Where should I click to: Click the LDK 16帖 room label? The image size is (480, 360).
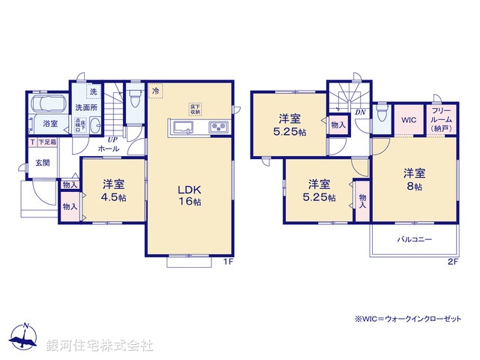click(188, 196)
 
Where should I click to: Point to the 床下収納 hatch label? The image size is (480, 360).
click(193, 108)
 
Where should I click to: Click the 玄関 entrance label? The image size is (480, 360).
click(41, 162)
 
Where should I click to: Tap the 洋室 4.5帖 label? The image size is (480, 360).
click(113, 190)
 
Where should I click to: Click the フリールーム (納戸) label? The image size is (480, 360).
click(441, 119)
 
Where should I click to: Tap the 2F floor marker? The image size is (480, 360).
click(452, 261)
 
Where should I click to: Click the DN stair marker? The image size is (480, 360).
click(360, 113)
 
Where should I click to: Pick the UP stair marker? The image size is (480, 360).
click(112, 139)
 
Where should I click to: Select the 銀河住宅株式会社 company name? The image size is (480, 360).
click(100, 346)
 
